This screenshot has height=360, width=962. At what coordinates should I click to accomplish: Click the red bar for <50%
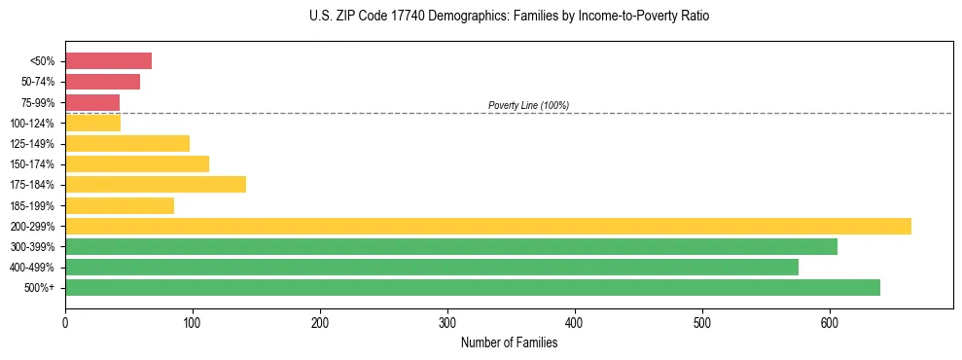click(x=108, y=61)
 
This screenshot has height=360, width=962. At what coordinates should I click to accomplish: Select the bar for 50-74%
click(x=102, y=82)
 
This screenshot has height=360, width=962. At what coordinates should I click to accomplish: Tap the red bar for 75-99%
click(x=92, y=102)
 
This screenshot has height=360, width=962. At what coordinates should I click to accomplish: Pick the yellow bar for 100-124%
click(x=92, y=123)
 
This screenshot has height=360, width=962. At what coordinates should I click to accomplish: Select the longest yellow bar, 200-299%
click(x=487, y=226)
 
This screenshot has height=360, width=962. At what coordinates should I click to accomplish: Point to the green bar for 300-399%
click(x=450, y=246)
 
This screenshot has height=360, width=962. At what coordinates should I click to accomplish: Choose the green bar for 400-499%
click(x=431, y=267)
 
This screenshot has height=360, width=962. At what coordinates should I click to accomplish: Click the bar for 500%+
click(x=472, y=287)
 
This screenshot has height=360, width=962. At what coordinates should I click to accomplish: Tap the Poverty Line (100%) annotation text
click(x=528, y=105)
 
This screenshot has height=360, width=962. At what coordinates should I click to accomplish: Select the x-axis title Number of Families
click(x=509, y=342)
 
